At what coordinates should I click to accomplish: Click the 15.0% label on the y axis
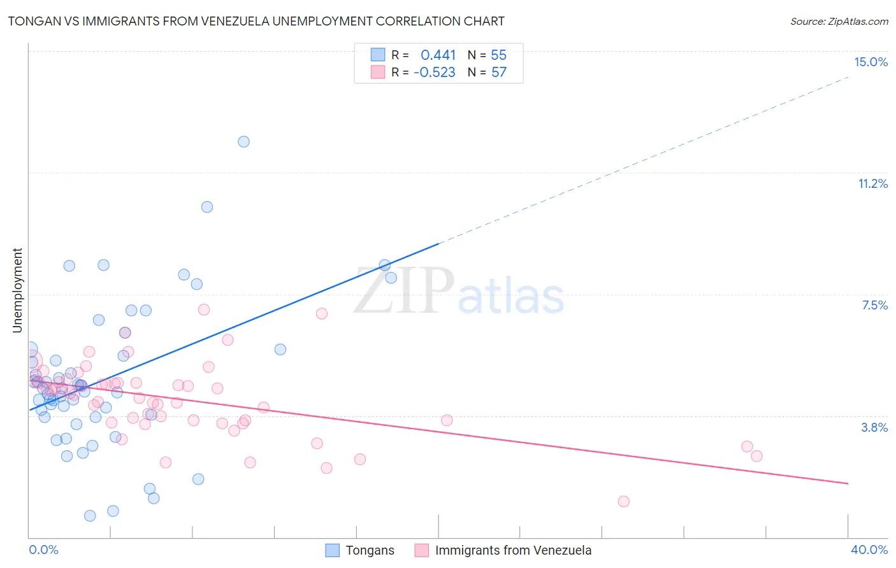pyautogui.click(x=871, y=62)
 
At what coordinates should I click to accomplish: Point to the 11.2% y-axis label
pyautogui.click(x=872, y=183)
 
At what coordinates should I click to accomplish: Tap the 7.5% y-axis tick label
pyautogui.click(x=874, y=305)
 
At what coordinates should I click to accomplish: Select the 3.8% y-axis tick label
pyautogui.click(x=874, y=427)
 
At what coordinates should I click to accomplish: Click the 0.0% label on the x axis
pyautogui.click(x=43, y=550)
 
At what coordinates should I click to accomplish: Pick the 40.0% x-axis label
pyautogui.click(x=869, y=550)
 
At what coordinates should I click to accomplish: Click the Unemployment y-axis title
pyautogui.click(x=17, y=290)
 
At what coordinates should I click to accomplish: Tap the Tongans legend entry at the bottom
pyautogui.click(x=370, y=550)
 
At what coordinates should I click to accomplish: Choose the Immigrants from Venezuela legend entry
pyautogui.click(x=513, y=550)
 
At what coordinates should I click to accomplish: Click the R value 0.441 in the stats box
pyautogui.click(x=438, y=55)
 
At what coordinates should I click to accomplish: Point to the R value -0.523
pyautogui.click(x=434, y=72)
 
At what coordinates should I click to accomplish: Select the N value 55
pyautogui.click(x=498, y=55)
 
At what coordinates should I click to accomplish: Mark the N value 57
pyautogui.click(x=498, y=72)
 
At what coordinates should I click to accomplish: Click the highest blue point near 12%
pyautogui.click(x=243, y=141)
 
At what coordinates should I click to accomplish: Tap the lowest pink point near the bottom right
pyautogui.click(x=623, y=501)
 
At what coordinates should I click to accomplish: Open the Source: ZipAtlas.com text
pyautogui.click(x=839, y=21)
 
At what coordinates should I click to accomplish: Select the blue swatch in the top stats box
pyautogui.click(x=378, y=55)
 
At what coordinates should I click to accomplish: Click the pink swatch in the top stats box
pyautogui.click(x=378, y=72)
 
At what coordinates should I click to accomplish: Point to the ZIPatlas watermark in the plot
pyautogui.click(x=459, y=292)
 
